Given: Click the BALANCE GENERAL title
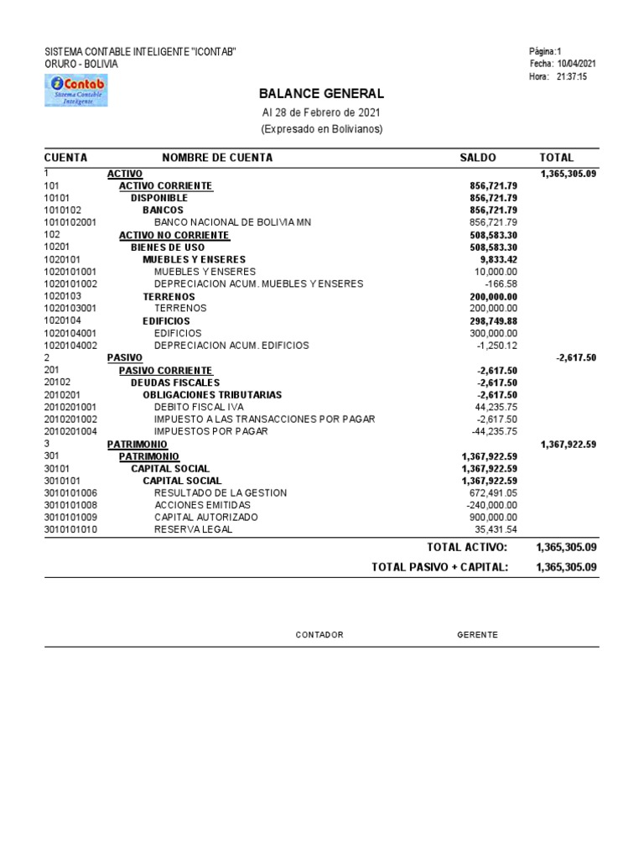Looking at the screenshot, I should (x=321, y=94).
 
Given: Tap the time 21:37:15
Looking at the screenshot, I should (x=572, y=76).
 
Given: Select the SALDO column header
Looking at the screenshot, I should (x=478, y=158).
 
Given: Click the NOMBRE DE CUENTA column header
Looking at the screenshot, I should (x=217, y=158).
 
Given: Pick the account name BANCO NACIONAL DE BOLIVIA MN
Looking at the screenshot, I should (x=232, y=222).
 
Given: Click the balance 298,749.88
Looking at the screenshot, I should (x=493, y=320).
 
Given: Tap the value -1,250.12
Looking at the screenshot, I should (x=497, y=345).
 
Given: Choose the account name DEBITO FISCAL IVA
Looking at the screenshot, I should (x=199, y=407).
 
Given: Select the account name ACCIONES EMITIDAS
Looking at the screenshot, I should (x=202, y=505).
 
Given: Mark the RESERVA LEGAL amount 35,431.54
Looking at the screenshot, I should (x=496, y=529).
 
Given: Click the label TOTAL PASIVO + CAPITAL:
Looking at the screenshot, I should (x=439, y=567).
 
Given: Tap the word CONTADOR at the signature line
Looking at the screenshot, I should (x=319, y=635).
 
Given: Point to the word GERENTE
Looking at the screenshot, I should (x=477, y=635).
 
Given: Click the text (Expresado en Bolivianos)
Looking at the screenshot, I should (x=321, y=129).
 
